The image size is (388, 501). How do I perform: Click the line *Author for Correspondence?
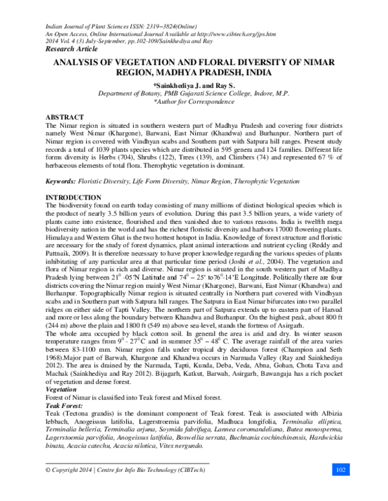193,102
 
